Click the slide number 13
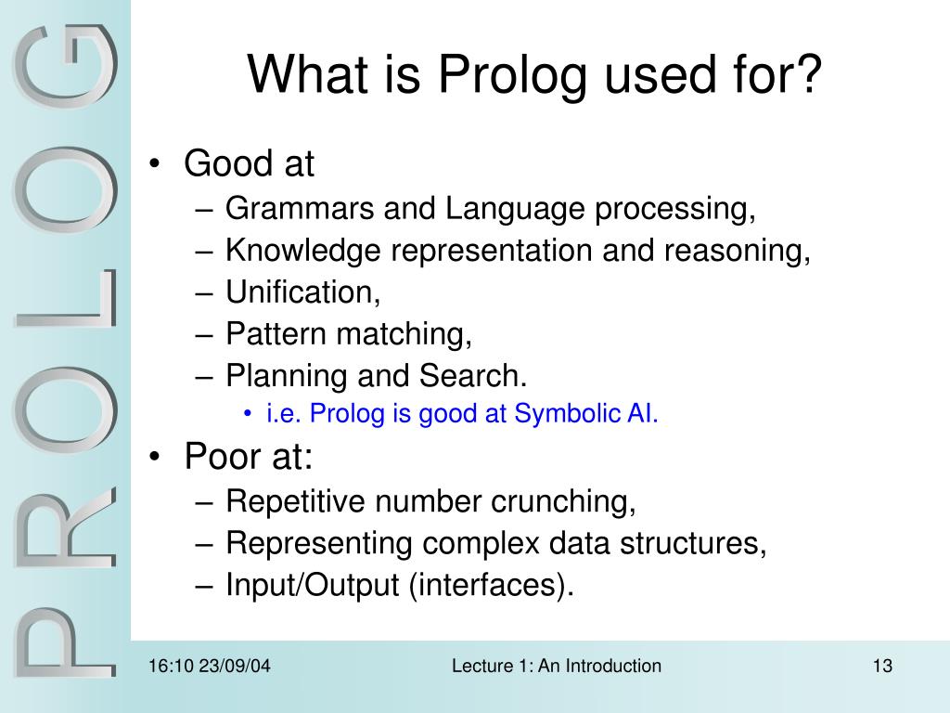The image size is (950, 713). pos(881,666)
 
